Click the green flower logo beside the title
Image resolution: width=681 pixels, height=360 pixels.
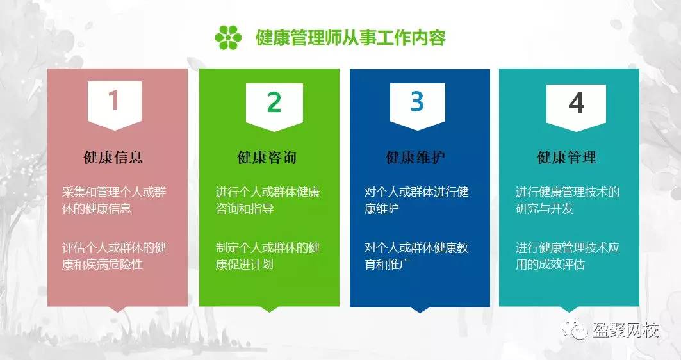pyautogui.click(x=229, y=37)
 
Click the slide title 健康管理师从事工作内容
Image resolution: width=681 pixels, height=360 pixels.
pyautogui.click(x=350, y=38)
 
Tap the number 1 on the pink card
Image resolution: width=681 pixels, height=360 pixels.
pyautogui.click(x=114, y=101)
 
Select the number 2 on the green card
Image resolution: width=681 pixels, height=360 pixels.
pyautogui.click(x=274, y=102)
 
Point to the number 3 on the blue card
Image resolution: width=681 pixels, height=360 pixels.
pyautogui.click(x=417, y=101)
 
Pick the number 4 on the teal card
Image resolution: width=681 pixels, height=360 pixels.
pyautogui.click(x=577, y=103)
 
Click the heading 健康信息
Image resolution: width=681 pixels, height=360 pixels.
pyautogui.click(x=113, y=157)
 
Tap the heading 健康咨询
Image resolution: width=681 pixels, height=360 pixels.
pyautogui.click(x=267, y=157)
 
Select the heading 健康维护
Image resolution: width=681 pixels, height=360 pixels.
pyautogui.click(x=416, y=157)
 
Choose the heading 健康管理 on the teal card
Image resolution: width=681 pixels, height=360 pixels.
pyautogui.click(x=567, y=157)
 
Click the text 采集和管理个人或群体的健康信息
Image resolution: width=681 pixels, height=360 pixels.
pyautogui.click(x=114, y=200)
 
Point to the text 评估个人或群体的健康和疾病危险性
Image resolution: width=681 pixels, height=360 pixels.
pyautogui.click(x=114, y=256)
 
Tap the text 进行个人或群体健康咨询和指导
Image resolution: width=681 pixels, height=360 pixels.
pyautogui.click(x=268, y=200)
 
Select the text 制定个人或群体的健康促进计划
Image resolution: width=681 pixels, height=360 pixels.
pyautogui.click(x=268, y=256)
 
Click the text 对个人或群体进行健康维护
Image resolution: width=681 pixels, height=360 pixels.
pyautogui.click(x=416, y=200)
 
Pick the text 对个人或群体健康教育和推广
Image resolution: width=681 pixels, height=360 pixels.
pyautogui.click(x=416, y=256)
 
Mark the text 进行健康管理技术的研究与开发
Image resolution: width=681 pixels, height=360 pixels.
pyautogui.click(x=568, y=200)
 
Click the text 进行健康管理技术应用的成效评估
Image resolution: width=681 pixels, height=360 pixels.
pyautogui.click(x=568, y=256)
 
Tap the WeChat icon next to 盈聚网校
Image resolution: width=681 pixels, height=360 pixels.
pyautogui.click(x=575, y=330)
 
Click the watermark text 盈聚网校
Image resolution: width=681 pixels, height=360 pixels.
pyautogui.click(x=626, y=331)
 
